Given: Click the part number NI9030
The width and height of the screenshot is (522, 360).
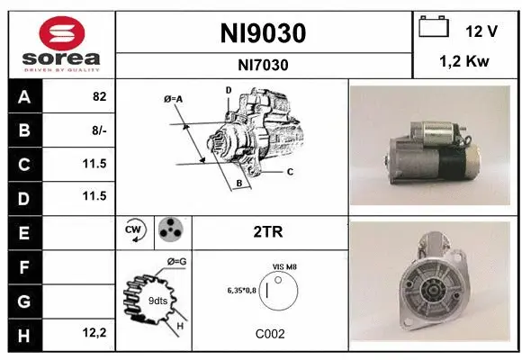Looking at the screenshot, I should (263, 34).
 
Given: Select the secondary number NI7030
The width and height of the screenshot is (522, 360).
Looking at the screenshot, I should (263, 64).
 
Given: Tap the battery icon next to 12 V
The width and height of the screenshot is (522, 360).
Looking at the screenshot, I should (434, 29).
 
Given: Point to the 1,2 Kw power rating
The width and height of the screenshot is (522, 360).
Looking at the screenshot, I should (465, 64).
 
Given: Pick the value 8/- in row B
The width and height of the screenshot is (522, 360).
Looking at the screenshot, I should (99, 131).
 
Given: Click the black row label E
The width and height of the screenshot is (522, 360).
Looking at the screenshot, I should (23, 232).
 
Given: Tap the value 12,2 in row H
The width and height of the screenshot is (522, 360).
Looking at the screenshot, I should (95, 334).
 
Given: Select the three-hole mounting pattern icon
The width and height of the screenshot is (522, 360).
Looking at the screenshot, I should (170, 231).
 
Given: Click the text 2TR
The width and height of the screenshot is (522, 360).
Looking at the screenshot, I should (269, 231).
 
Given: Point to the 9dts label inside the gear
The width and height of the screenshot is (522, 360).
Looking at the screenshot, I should (157, 301).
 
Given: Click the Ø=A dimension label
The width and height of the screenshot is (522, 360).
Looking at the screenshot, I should (174, 98).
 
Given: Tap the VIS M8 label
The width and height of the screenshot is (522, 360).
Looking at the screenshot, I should (284, 267).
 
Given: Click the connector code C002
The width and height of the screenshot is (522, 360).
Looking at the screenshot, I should (270, 333).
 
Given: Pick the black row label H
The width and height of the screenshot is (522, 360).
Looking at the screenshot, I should (23, 334).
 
